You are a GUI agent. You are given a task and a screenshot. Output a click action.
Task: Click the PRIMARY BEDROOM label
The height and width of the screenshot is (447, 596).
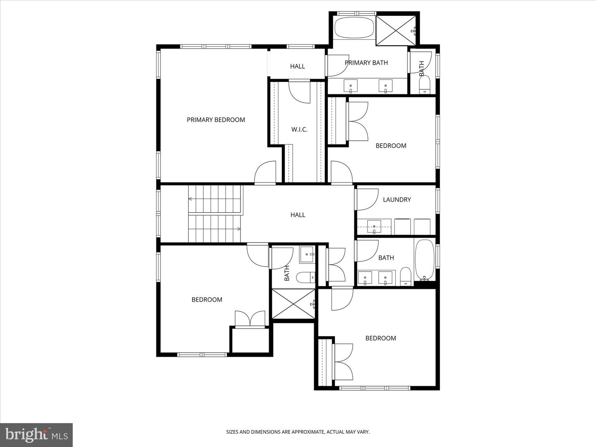216,120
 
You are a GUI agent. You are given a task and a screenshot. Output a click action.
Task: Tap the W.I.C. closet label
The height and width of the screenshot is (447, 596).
299,130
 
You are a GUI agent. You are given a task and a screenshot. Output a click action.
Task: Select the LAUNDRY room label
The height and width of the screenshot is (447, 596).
397,200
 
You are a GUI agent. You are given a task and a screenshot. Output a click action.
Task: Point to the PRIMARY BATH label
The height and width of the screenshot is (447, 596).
366,62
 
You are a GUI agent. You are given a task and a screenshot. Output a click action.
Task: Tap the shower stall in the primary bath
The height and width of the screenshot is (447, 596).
396,30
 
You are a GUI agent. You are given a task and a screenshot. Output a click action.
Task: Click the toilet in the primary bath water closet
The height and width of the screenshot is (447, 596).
425,84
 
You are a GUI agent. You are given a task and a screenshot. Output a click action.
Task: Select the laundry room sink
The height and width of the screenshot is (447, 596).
374,227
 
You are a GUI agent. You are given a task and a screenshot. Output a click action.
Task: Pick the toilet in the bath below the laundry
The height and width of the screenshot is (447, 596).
406,276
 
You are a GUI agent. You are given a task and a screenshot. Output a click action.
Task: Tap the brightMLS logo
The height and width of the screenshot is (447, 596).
36,435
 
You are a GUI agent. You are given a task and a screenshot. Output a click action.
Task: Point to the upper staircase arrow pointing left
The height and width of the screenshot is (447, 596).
214,199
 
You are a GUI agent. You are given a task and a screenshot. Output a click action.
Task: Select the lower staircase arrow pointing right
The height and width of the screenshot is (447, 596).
214,229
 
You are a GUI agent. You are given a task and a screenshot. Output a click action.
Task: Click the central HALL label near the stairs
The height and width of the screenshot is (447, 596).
298,215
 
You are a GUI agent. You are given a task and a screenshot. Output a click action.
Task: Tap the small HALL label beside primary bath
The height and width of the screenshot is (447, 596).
297,66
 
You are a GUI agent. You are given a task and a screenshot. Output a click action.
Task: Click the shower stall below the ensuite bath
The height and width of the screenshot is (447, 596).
293,304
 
